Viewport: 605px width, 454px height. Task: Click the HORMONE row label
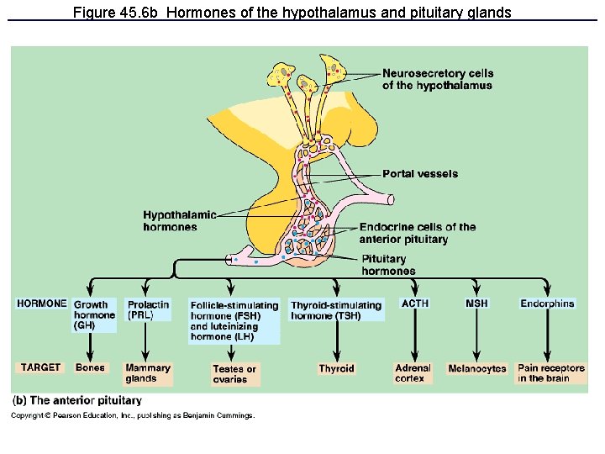pyautogui.click(x=41, y=304)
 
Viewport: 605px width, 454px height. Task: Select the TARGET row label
pyautogui.click(x=40, y=367)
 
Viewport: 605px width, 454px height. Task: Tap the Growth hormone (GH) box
pyautogui.click(x=94, y=314)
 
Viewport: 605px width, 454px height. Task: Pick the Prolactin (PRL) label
pyautogui.click(x=147, y=309)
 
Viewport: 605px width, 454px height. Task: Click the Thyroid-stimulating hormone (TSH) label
pyautogui.click(x=336, y=309)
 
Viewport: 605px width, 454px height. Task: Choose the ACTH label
pyautogui.click(x=415, y=304)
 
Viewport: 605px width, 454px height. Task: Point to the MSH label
pyautogui.click(x=476, y=304)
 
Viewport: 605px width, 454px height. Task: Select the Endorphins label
pyautogui.click(x=547, y=304)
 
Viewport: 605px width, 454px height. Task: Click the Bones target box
pyautogui.click(x=90, y=367)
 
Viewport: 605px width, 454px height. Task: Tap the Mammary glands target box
pyautogui.click(x=147, y=372)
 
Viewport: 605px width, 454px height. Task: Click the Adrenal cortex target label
pyautogui.click(x=413, y=372)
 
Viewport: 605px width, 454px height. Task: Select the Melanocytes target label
pyautogui.click(x=477, y=368)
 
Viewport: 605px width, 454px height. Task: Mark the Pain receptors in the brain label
pyautogui.click(x=550, y=372)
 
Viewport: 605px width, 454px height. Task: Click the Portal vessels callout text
pyautogui.click(x=420, y=174)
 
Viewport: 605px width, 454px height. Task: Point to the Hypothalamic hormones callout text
pyautogui.click(x=179, y=221)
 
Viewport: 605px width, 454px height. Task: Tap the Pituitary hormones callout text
pyautogui.click(x=387, y=265)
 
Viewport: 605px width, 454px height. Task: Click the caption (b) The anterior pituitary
pyautogui.click(x=77, y=400)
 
